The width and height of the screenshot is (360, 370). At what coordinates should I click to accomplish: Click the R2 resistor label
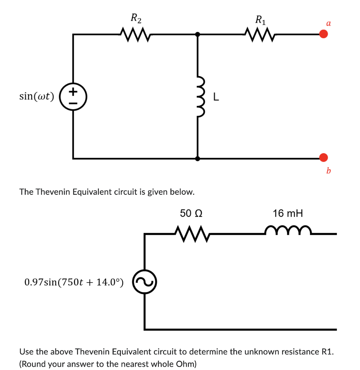(136, 18)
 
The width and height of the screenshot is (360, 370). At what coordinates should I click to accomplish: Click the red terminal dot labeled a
(323, 34)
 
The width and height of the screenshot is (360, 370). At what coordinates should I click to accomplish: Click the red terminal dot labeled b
(323, 157)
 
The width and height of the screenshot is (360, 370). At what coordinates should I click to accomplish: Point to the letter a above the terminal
(328, 23)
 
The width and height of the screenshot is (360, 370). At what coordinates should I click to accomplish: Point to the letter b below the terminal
(328, 170)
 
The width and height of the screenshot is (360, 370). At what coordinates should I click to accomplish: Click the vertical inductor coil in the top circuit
(198, 96)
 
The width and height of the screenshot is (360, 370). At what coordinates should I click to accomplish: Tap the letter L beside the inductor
(216, 97)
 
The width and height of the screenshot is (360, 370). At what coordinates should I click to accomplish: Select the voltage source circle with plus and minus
(73, 96)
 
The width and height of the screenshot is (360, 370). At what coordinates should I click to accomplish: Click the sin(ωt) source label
(36, 96)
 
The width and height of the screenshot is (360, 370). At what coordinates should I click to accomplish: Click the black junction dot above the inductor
(197, 35)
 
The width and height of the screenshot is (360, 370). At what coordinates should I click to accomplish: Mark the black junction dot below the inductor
(197, 158)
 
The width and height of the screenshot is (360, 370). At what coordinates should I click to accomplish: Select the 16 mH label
(288, 214)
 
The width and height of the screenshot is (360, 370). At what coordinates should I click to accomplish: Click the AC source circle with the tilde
(144, 282)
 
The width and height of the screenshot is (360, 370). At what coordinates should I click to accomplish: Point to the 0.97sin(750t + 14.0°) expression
(74, 282)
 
